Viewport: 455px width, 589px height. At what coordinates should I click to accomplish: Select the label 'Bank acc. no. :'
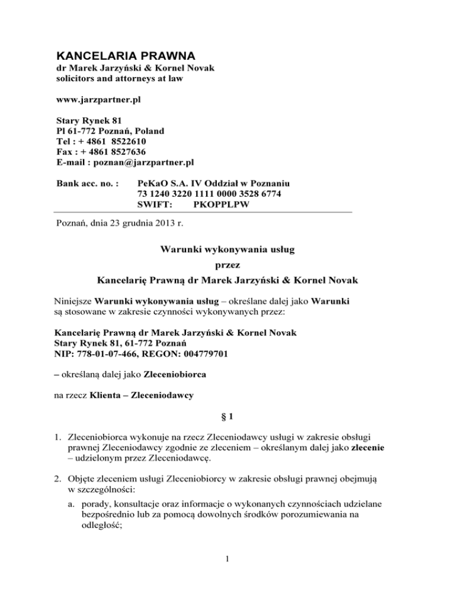coord(82,183)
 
